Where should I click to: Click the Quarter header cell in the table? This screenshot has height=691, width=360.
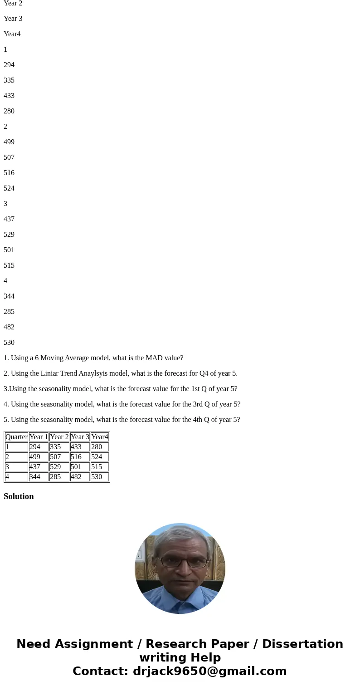(16, 437)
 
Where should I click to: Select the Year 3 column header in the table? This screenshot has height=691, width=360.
(80, 437)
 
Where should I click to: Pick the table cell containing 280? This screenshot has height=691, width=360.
(99, 447)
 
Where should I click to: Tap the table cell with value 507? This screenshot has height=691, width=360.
(58, 457)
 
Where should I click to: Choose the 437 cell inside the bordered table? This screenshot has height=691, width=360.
(38, 467)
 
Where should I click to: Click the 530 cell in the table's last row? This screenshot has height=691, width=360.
(99, 477)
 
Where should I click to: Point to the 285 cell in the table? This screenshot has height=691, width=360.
(58, 477)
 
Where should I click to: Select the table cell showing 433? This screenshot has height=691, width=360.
(79, 447)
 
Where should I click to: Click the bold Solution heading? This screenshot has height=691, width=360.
(19, 496)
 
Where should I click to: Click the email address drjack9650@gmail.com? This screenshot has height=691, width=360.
(209, 671)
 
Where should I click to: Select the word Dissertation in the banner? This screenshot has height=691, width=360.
(302, 644)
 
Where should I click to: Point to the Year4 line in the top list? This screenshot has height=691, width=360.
(12, 34)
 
